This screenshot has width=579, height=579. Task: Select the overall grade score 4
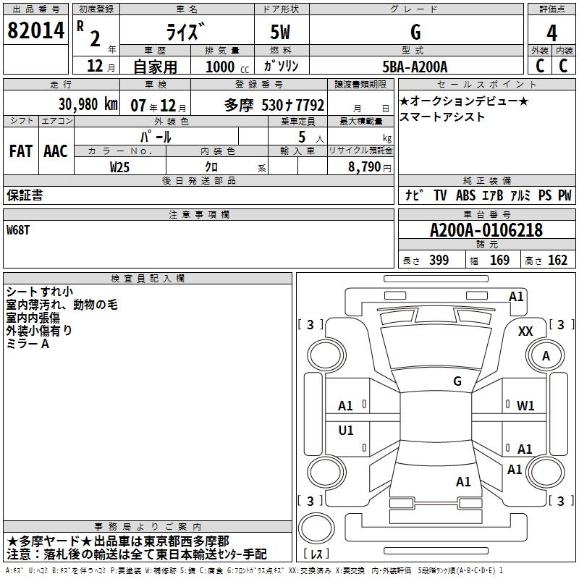552,33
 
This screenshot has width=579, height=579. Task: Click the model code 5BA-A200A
415,67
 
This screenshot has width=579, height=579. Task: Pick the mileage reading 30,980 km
70,104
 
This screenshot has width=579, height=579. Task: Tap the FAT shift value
21,151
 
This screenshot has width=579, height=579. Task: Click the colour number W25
120,166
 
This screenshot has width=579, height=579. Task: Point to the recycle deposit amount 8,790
365,166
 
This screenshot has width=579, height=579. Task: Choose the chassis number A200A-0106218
486,231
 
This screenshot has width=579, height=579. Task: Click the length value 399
439,260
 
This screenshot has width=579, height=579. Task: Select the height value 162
557,260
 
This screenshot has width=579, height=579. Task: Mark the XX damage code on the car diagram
526,331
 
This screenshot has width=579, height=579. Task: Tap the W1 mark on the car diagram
525,406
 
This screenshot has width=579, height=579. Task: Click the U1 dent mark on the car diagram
346,431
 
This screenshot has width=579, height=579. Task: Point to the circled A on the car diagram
546,356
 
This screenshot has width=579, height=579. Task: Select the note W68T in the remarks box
19,231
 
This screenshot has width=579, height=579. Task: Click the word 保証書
25,195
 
